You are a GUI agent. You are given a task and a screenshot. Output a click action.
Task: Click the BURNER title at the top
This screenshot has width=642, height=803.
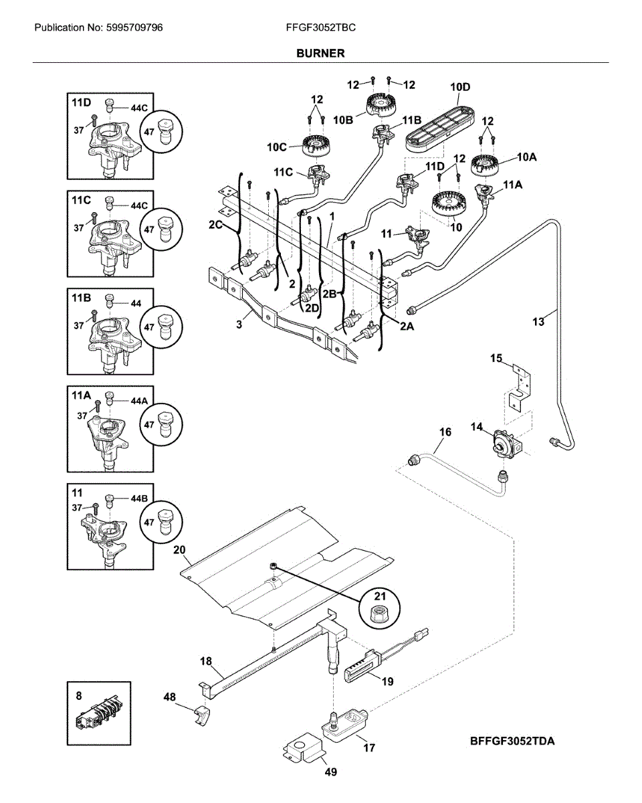pos(321,53)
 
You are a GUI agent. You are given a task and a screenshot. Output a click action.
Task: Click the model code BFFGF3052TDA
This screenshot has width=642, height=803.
pos(512,741)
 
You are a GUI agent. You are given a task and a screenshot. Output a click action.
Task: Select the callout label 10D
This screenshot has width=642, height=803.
pos(460,87)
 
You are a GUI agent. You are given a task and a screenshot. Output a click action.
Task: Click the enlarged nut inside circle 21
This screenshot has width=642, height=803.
pos(379,611)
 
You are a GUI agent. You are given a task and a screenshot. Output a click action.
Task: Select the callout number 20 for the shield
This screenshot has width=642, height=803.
pos(179,550)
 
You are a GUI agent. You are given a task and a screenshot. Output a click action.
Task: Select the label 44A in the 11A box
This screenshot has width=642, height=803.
pos(138,400)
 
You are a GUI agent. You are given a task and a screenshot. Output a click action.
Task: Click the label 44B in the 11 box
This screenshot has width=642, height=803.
pos(138,499)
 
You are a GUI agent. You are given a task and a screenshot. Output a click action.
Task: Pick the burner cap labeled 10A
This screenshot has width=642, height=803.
pos(485,163)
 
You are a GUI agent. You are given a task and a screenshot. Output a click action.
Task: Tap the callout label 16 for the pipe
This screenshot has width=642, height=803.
pos(445,432)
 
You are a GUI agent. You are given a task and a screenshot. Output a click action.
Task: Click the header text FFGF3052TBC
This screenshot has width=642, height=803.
pos(320,28)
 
